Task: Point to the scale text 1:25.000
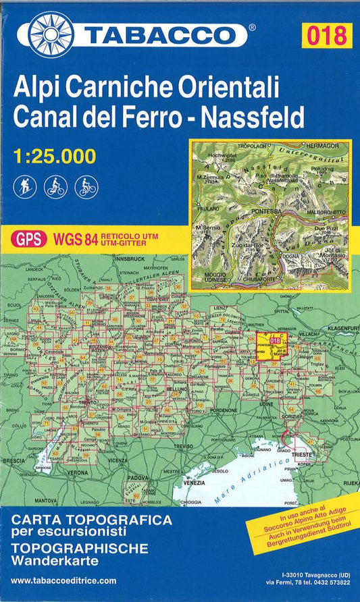pos(55,157)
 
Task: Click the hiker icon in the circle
pos(24,186)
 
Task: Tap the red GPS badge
pos(29,238)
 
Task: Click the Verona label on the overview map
pos(78,472)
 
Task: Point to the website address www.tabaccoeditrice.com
pos(63,580)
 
